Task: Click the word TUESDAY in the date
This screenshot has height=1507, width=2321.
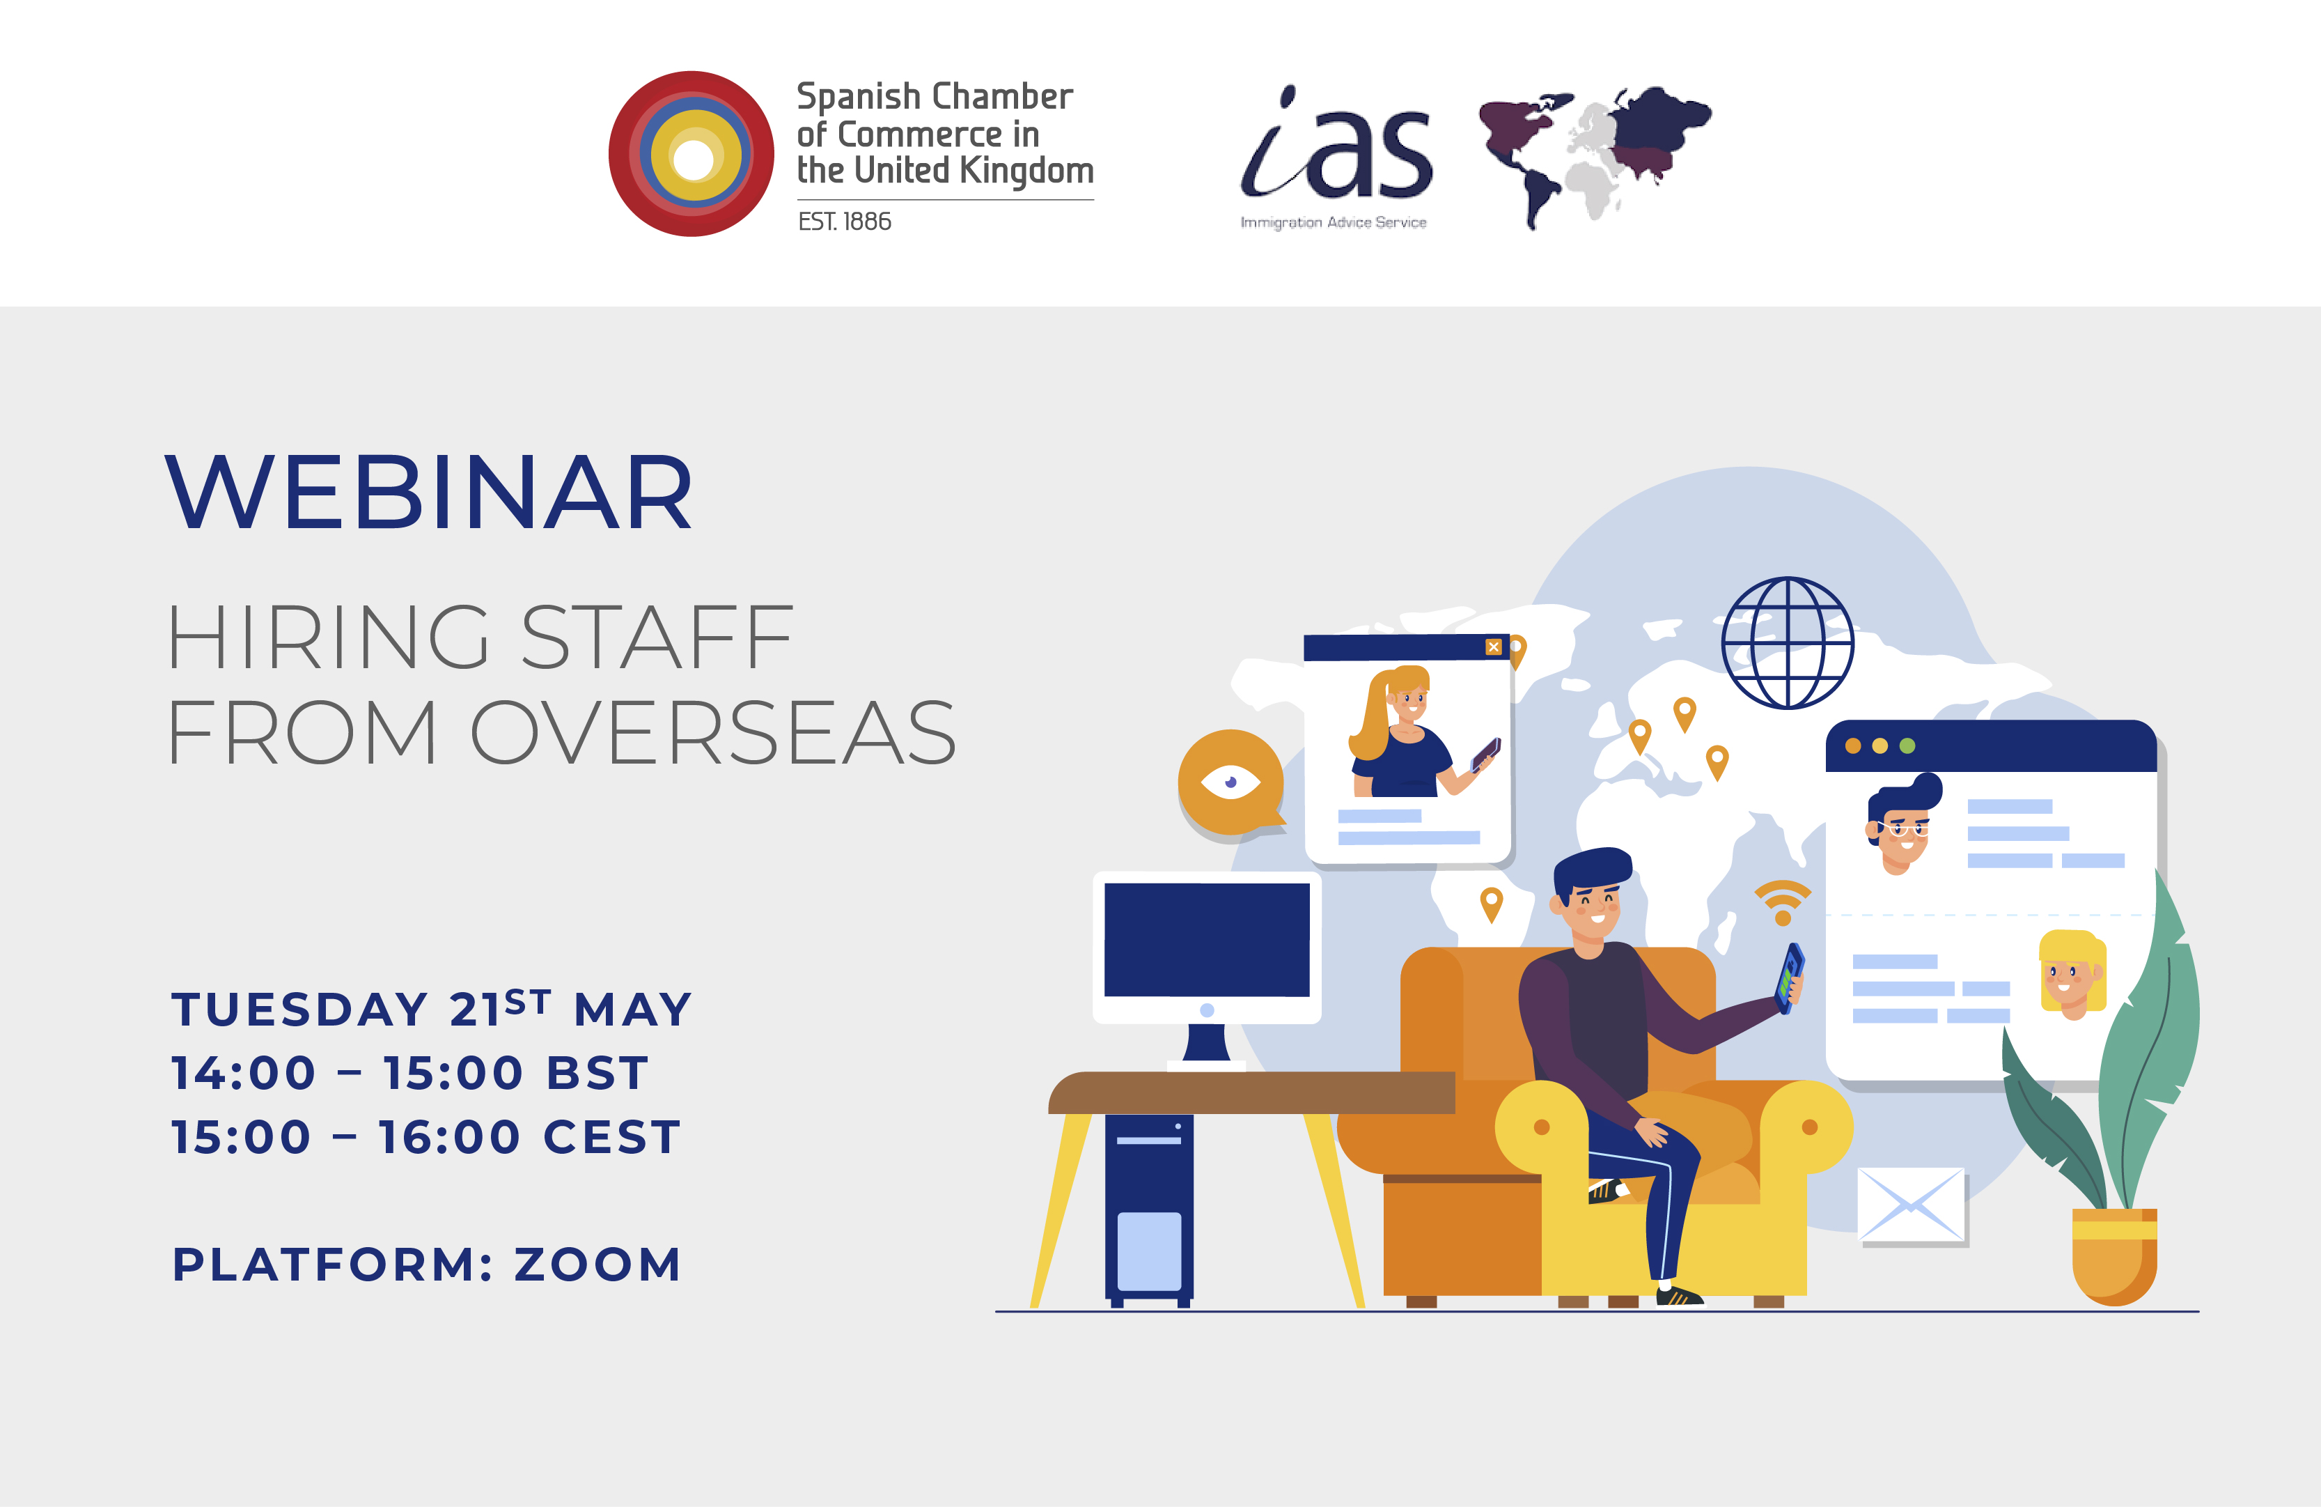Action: pos(299,1010)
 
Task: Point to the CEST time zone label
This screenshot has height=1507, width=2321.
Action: pos(611,1137)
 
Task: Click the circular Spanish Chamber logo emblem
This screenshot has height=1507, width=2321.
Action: pos(691,154)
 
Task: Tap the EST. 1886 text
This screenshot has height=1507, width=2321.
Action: pos(845,222)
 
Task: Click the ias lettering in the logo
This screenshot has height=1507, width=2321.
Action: pos(1336,151)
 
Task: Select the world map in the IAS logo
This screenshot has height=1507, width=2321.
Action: pos(1595,156)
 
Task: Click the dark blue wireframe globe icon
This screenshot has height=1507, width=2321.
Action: pos(1788,643)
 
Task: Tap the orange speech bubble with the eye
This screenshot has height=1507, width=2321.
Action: pos(1230,782)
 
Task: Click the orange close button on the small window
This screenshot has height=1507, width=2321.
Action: pos(1493,647)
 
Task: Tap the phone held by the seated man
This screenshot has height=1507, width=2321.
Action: pos(1790,977)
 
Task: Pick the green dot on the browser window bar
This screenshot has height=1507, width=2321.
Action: pos(1907,746)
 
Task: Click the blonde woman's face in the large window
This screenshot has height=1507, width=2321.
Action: pos(2068,976)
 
